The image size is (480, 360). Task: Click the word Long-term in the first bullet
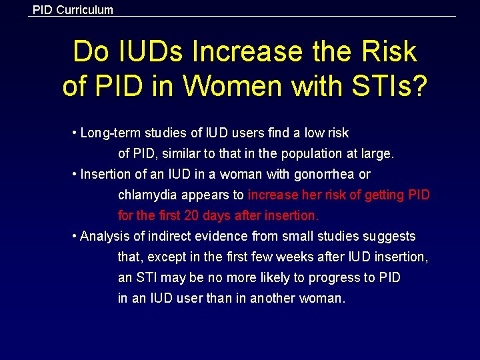108,133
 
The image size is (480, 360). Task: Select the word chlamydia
147,195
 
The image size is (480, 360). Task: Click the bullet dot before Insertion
75,175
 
